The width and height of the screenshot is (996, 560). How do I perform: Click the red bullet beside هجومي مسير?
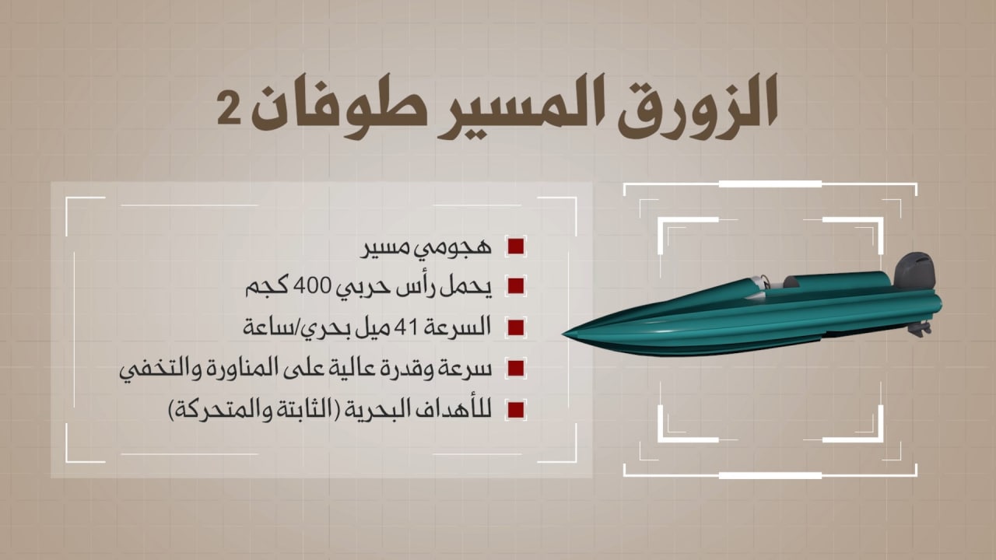pos(516,247)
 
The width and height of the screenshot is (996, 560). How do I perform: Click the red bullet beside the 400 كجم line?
pos(516,287)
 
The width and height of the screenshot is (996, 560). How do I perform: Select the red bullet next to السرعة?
pos(516,328)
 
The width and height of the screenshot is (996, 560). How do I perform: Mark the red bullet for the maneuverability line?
pos(516,369)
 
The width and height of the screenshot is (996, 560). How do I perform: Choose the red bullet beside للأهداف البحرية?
pos(516,410)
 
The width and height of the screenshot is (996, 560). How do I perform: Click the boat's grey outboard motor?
pos(914,271)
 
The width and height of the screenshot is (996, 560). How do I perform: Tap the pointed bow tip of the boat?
pos(563,334)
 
